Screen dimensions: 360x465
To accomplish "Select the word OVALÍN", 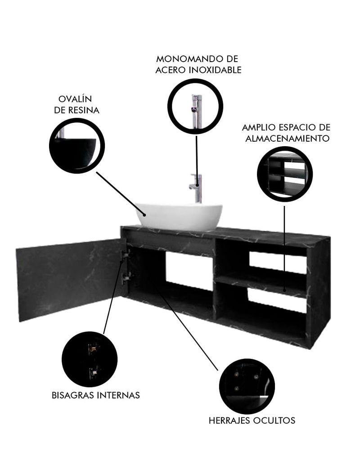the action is (75, 98).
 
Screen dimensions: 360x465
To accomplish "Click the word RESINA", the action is (84, 110).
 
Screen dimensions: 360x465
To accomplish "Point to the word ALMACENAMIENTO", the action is (287, 139).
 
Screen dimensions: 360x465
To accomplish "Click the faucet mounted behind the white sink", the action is (196, 188).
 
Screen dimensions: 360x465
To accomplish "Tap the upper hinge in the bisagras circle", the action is (93, 349).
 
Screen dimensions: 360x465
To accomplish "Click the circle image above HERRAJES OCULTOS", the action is (249, 386).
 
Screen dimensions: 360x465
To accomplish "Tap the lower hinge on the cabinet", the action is (126, 277).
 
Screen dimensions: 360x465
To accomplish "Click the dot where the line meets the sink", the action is (144, 214).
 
